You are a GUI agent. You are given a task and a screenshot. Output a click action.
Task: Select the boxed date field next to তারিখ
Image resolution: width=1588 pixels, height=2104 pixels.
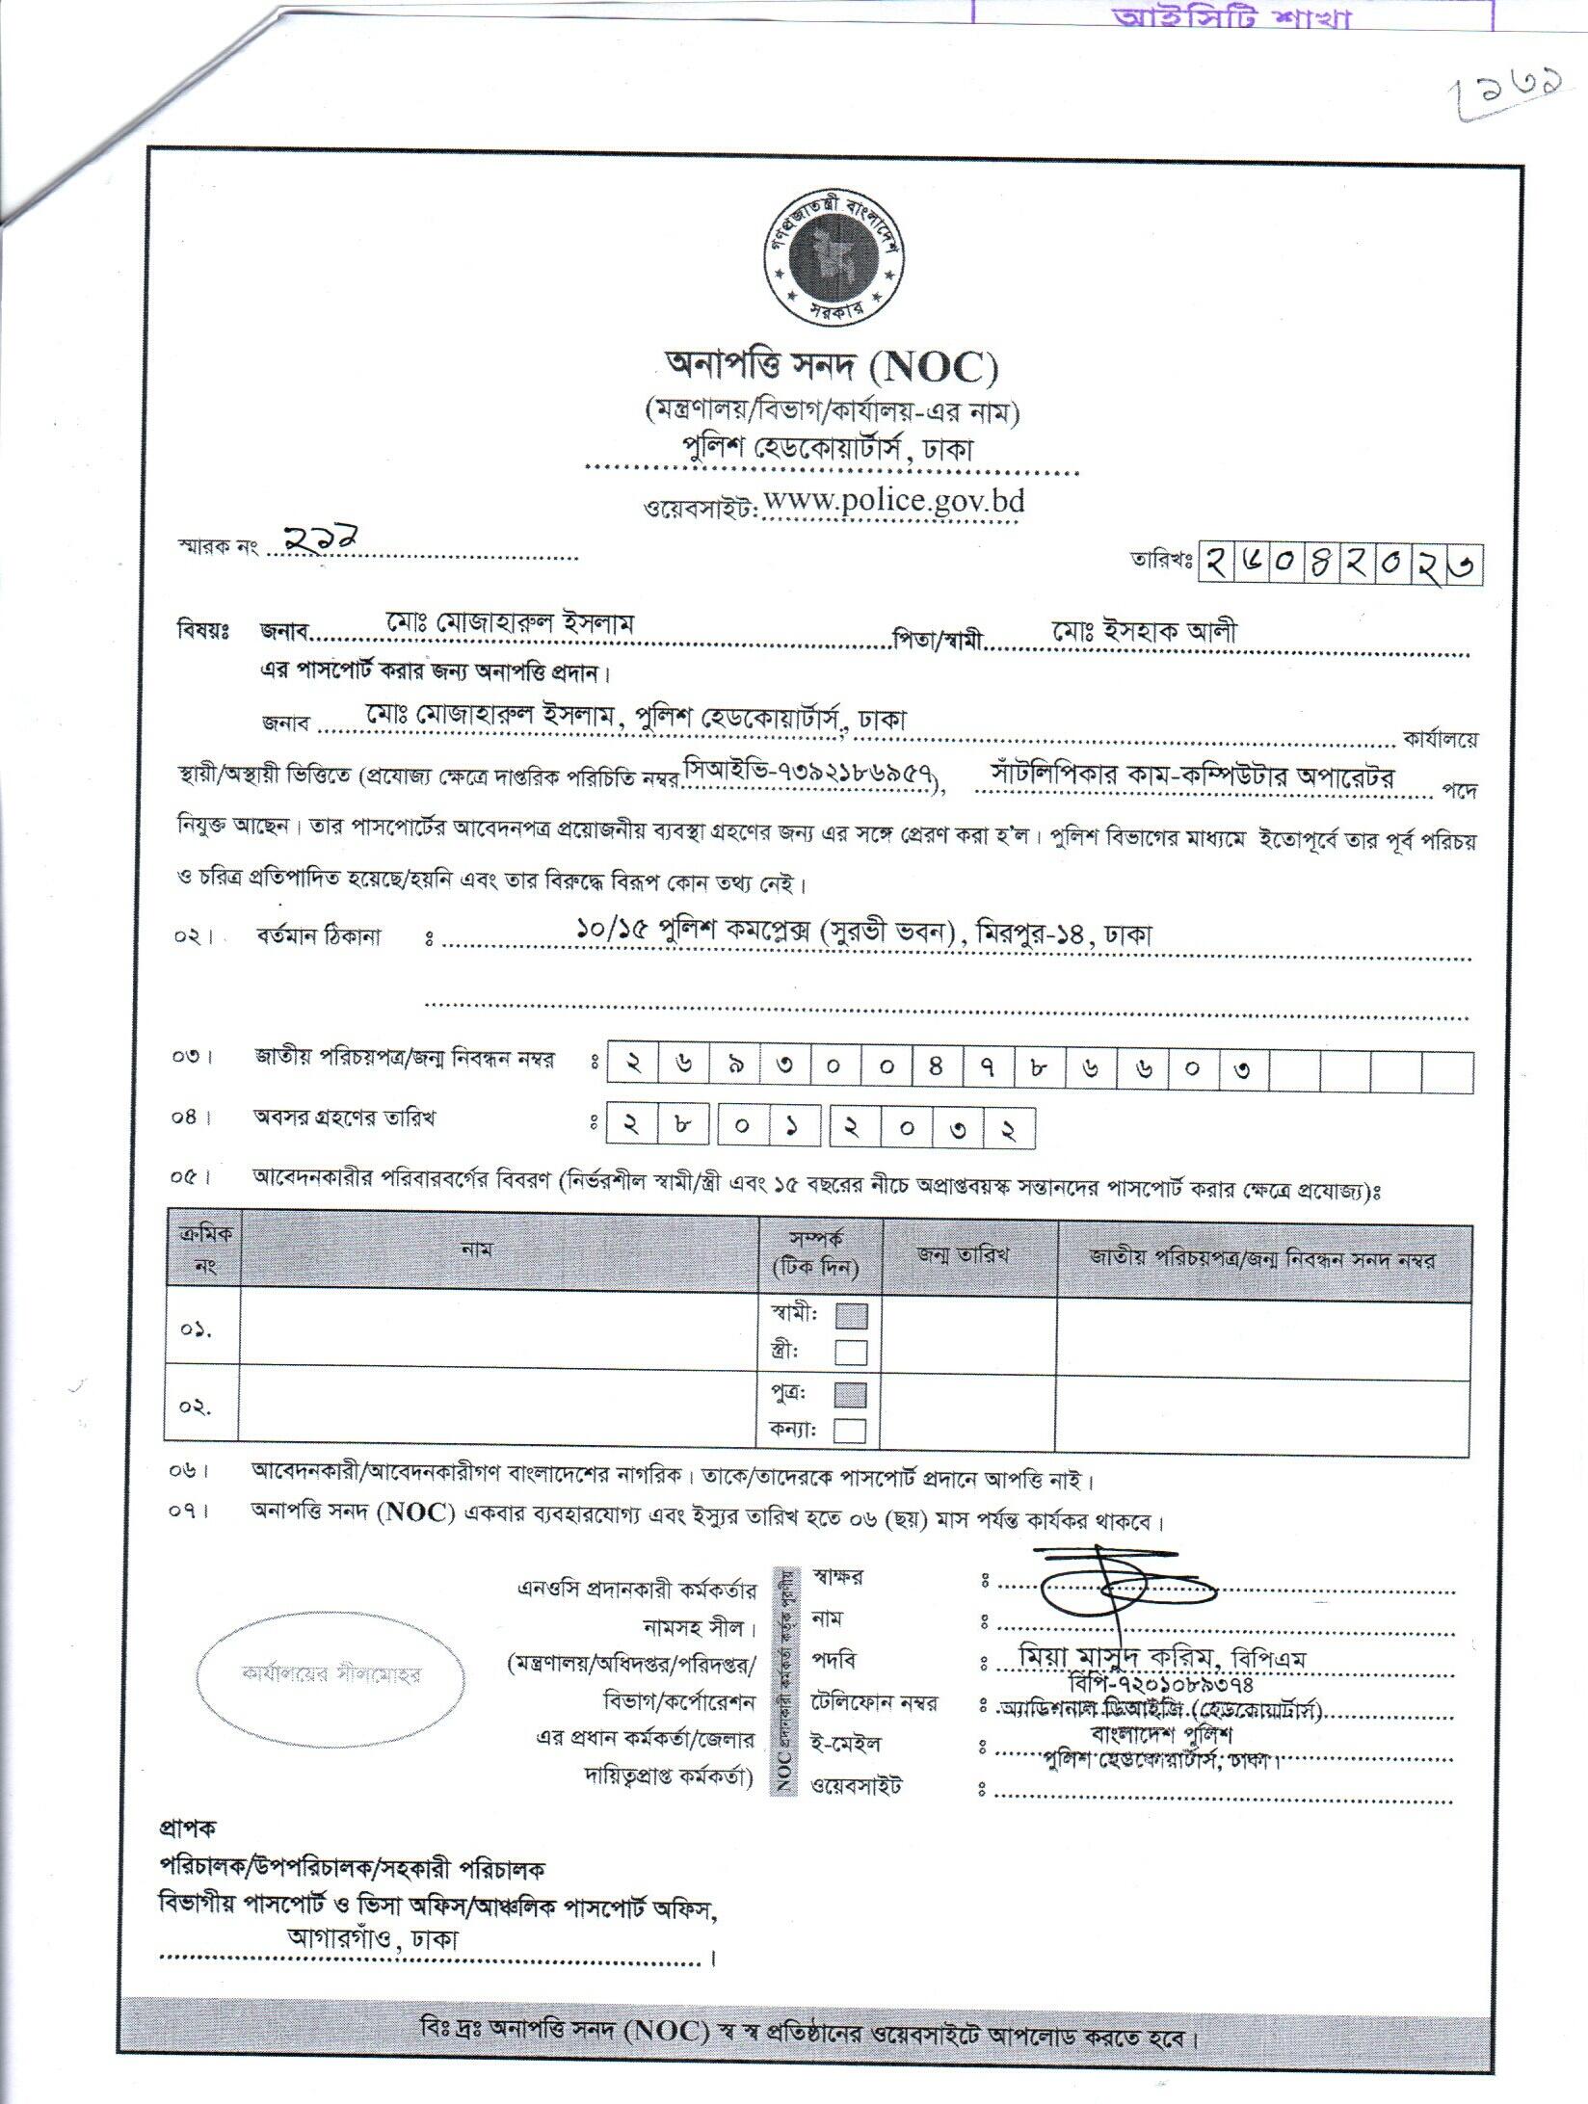point(1340,564)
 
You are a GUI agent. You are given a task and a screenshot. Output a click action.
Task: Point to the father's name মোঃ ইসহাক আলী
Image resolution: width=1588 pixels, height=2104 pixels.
point(1145,632)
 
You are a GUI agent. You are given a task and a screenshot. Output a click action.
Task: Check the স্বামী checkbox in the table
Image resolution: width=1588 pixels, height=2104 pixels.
point(851,1315)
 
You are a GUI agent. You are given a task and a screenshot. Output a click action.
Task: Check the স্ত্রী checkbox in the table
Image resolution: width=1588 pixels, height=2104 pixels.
point(851,1353)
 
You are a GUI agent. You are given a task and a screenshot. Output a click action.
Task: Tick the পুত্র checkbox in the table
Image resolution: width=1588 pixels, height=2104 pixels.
point(851,1394)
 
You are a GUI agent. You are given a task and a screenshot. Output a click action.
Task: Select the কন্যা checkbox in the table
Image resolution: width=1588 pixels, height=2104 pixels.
point(851,1431)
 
